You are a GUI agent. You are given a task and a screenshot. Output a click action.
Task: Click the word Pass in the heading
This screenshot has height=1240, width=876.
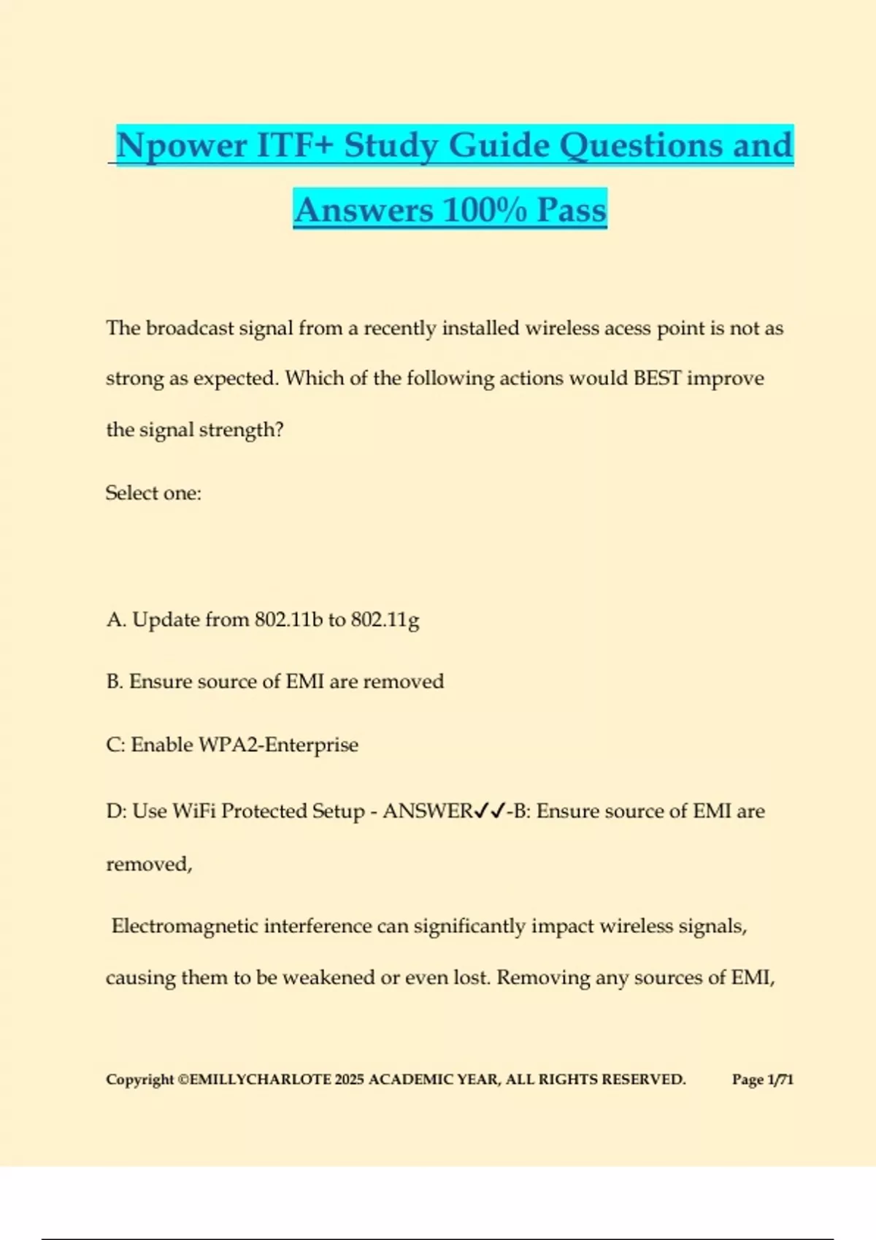point(572,210)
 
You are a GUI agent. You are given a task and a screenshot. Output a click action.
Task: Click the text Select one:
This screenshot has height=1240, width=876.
point(153,493)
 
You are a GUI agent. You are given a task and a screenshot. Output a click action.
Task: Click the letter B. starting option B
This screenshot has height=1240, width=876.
point(115,681)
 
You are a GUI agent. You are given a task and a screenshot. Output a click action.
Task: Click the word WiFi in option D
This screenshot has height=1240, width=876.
point(194,811)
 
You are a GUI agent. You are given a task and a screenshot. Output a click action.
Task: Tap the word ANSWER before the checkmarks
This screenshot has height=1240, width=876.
point(428,811)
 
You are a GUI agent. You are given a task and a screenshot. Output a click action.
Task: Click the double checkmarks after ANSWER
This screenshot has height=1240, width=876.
point(490,811)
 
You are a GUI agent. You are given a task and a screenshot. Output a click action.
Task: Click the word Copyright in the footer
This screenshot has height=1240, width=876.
point(140,1080)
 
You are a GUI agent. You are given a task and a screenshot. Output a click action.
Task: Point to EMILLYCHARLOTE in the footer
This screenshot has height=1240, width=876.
point(260,1080)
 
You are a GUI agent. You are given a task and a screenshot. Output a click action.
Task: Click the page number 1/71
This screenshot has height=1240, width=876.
point(780,1080)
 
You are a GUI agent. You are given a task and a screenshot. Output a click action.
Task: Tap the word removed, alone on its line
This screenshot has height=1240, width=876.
point(149,864)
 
